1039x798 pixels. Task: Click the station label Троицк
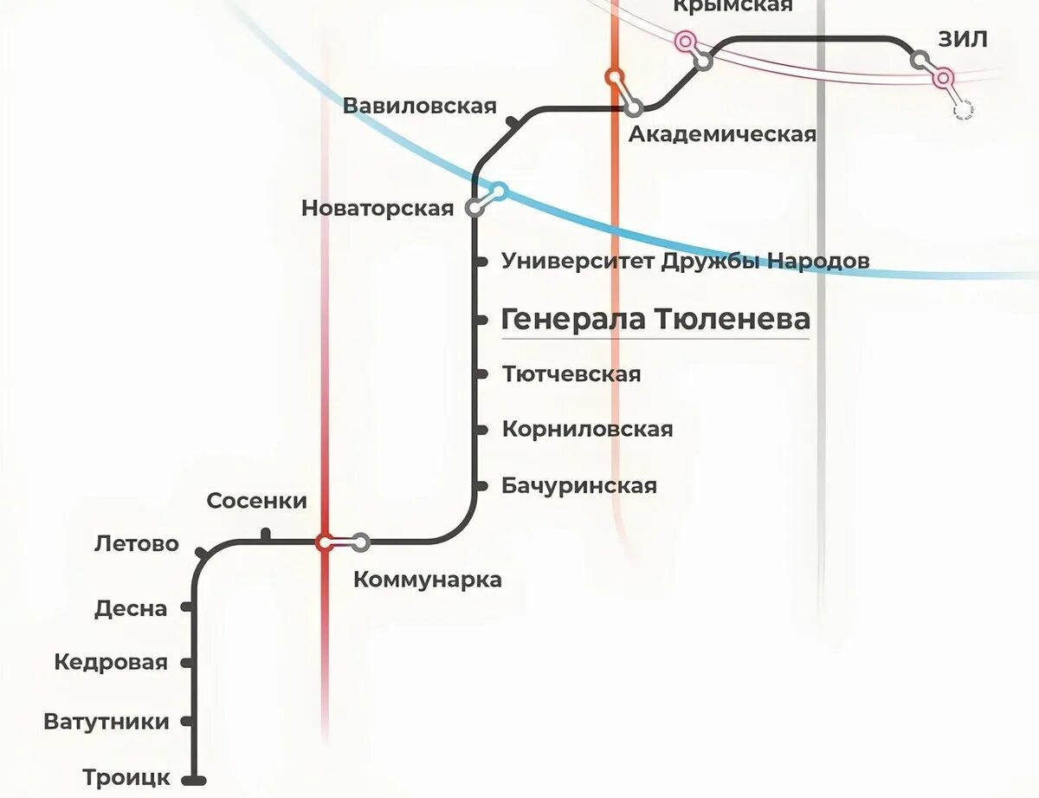(126, 777)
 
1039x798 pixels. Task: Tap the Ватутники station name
(106, 721)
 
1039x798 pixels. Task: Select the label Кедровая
(110, 663)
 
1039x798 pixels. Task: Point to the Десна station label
(131, 608)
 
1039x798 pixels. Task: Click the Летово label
(137, 544)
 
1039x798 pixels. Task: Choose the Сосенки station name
(257, 501)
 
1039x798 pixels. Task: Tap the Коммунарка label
(428, 580)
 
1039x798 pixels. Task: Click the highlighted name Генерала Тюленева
(656, 319)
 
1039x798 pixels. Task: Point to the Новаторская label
(378, 208)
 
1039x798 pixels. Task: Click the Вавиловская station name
(420, 106)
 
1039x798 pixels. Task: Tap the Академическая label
(722, 134)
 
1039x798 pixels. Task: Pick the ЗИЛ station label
(962, 40)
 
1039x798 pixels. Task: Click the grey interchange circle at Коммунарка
(361, 542)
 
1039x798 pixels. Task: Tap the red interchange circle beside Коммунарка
(325, 542)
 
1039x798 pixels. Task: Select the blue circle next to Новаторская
(499, 191)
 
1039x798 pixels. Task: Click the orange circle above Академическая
(615, 76)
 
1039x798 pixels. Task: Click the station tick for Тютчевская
(481, 374)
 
